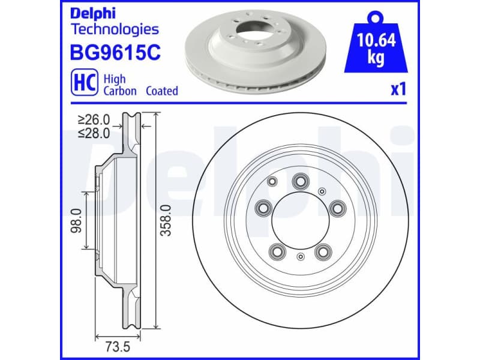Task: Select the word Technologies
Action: [115, 29]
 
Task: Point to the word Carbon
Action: [120, 91]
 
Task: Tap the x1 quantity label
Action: [398, 90]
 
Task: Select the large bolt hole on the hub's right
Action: [338, 208]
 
